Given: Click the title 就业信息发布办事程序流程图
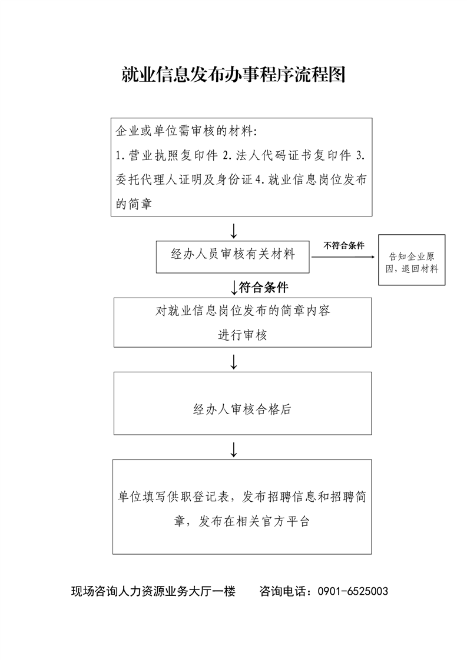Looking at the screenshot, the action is point(233,75).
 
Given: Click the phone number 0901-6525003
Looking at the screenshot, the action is point(353,591).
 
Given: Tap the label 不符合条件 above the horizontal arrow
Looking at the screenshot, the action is point(344,245).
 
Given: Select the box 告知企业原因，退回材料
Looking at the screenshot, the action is point(412,260).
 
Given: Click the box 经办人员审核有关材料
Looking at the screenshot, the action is point(233,256).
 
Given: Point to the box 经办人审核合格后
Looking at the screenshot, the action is point(243,404).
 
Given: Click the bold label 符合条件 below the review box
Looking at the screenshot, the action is point(264,288).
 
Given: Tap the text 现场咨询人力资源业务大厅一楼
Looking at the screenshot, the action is point(154,591).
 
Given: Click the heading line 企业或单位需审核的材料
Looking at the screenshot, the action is point(186,131).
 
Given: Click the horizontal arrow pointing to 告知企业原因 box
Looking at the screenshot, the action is point(343,256).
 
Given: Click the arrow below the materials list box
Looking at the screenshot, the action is point(233,231).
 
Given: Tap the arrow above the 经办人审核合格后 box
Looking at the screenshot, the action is point(233,362).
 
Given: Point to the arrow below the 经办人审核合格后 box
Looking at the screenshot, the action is point(233,449).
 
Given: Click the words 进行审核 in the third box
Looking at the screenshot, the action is point(243,335).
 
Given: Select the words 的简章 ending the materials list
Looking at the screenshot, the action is point(134,204).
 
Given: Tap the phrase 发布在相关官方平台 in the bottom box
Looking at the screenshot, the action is point(254,522).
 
